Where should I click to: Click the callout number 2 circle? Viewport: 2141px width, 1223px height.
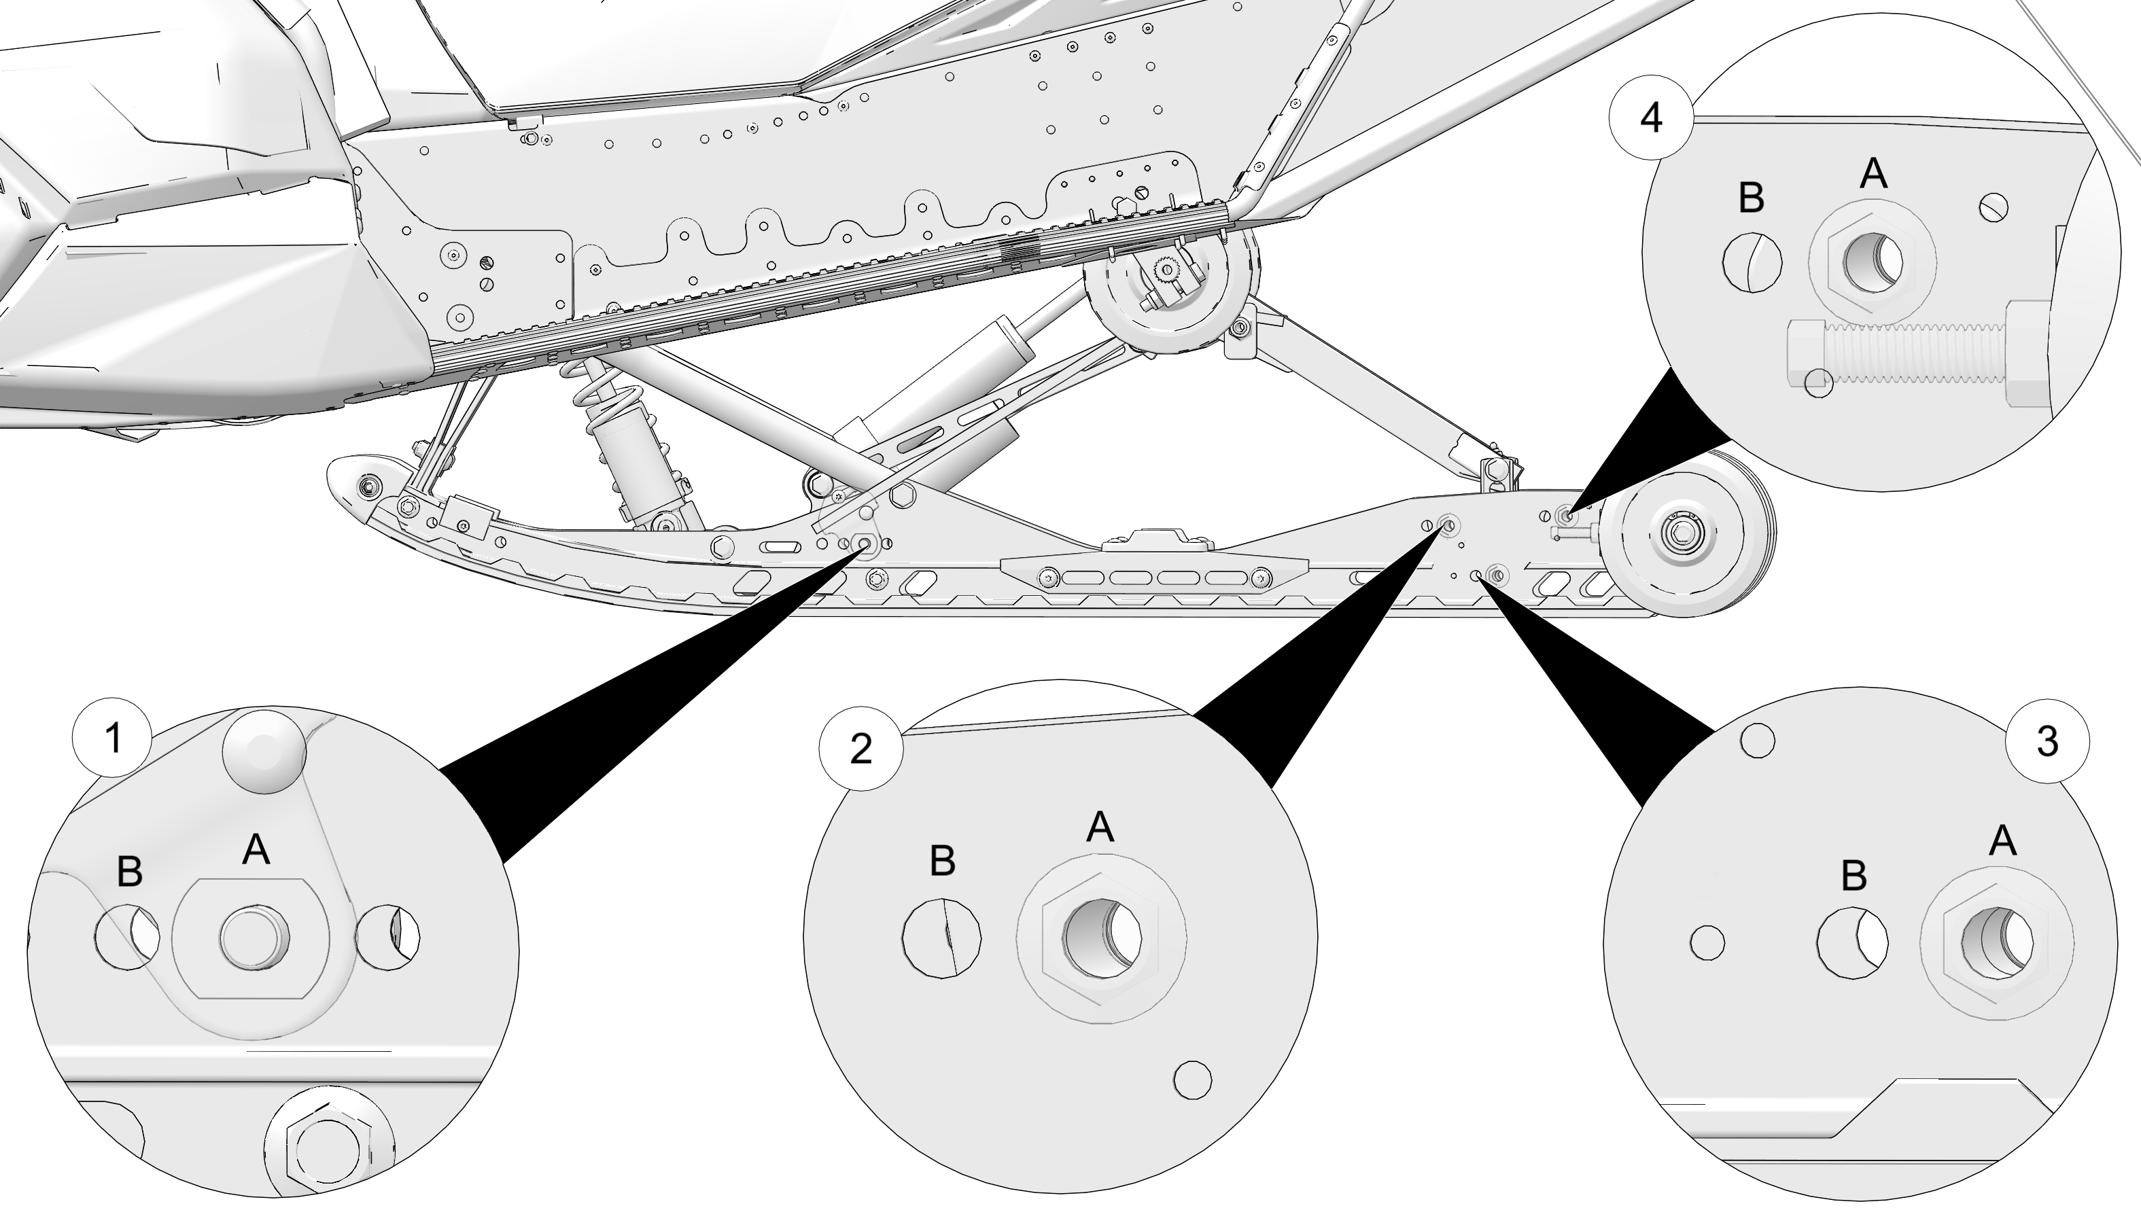[861, 749]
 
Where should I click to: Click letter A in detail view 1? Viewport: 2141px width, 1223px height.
[256, 851]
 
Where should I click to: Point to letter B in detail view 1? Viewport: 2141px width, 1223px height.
[129, 872]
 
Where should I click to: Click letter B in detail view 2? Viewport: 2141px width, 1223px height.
[943, 861]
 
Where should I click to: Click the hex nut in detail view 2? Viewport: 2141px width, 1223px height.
[1101, 938]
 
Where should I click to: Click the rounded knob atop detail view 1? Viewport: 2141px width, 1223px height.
[263, 751]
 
